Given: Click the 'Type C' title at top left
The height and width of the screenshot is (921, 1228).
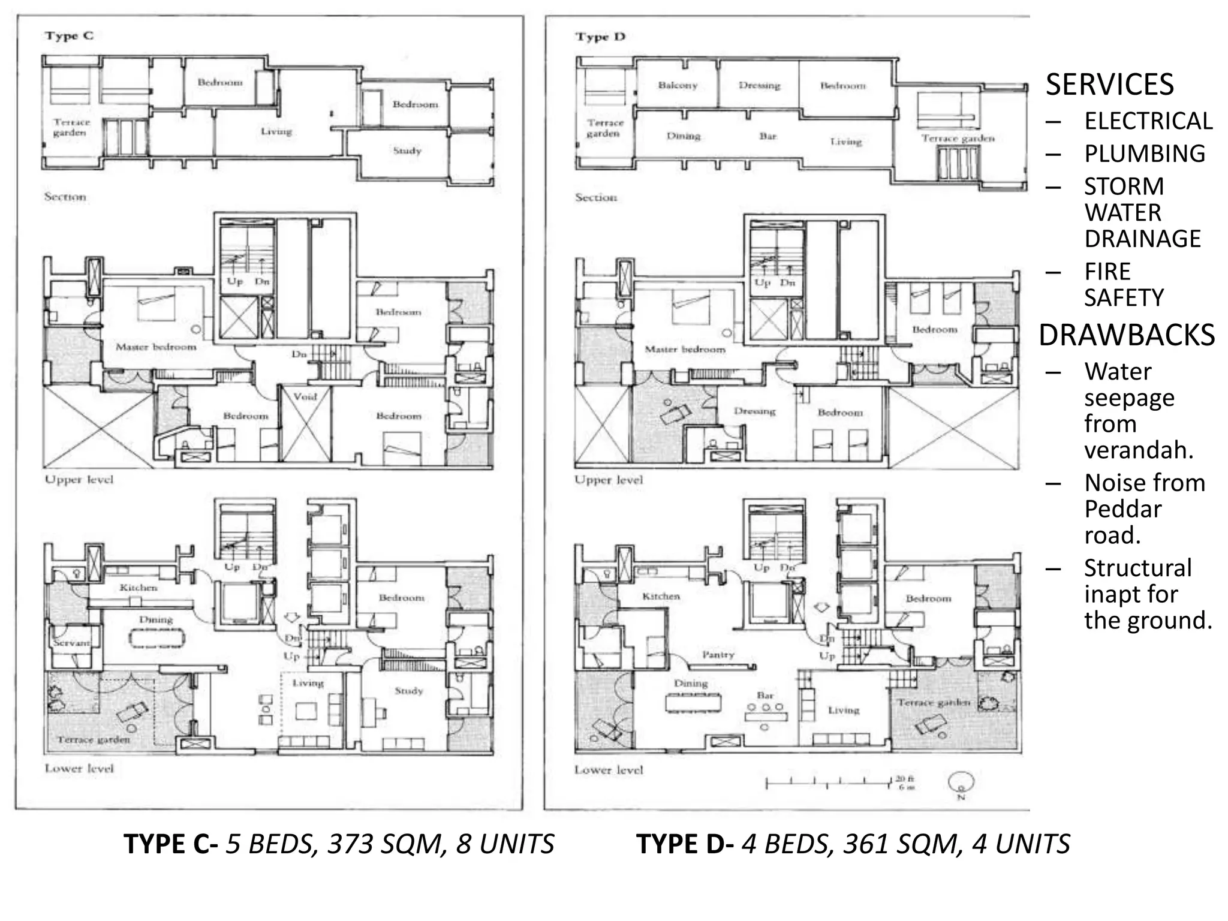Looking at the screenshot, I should point(69,36).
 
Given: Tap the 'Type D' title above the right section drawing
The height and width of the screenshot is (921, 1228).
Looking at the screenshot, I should point(600,37).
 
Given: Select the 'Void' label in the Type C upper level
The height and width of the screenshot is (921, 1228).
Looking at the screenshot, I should point(305,396).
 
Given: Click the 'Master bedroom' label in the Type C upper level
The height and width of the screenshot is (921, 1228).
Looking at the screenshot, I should point(156,347).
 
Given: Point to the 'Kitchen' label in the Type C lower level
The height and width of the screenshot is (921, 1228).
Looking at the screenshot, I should point(139,588).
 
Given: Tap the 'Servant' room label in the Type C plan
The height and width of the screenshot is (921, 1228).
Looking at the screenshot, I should point(71,642).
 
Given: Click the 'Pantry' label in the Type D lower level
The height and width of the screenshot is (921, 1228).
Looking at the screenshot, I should point(718,655).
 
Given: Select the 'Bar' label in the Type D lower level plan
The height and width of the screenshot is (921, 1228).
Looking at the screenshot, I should point(765,696).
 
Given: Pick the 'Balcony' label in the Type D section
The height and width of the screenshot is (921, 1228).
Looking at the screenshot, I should point(678,86).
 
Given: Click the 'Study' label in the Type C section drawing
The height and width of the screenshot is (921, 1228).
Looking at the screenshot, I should point(407,151).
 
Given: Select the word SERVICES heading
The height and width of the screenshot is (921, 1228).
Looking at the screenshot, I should point(1109,85).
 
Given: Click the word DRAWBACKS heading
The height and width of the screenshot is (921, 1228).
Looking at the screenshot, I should point(1127,335).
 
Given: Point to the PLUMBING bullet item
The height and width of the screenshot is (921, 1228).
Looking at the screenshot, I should point(1144,154).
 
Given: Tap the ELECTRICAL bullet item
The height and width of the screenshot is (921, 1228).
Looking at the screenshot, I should point(1148,121).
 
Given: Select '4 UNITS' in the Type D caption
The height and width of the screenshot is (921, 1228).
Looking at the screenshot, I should point(1021,844).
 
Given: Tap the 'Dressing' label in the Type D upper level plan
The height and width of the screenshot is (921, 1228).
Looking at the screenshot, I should point(754,411).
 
